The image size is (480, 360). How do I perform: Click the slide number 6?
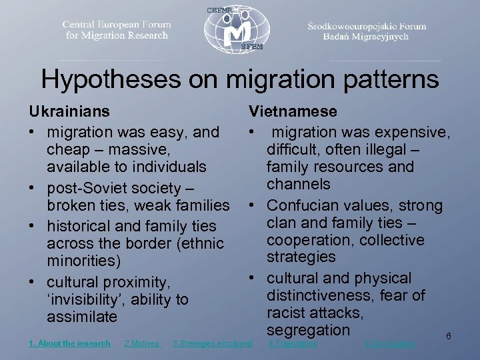tap(449, 337)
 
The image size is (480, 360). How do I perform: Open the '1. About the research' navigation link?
tap(69, 343)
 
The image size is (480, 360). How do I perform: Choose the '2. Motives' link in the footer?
tap(142, 343)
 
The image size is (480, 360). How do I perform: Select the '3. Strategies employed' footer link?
tap(212, 343)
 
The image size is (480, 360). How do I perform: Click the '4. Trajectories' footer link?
tap(292, 343)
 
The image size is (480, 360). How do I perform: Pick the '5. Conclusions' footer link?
tap(390, 343)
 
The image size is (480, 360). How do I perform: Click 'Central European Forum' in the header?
tap(117, 25)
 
